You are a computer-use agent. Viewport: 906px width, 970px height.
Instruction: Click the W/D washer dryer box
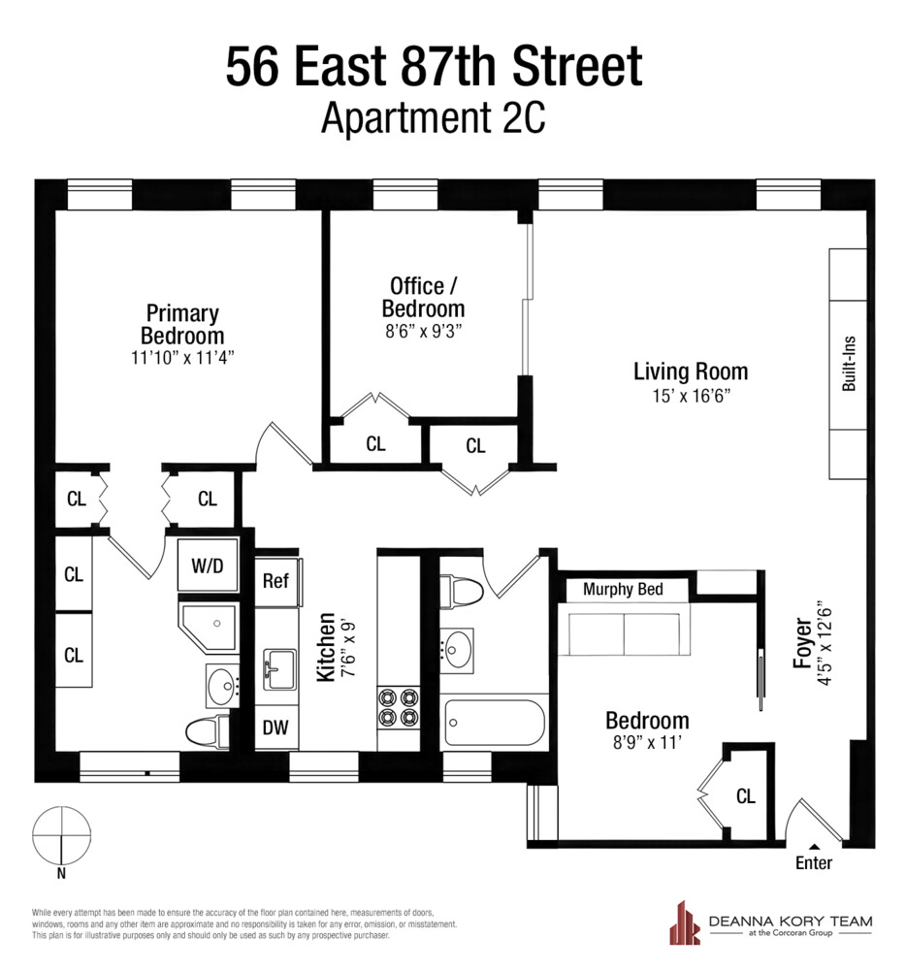click(207, 566)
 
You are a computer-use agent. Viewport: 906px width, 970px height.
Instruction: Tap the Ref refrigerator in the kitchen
click(276, 581)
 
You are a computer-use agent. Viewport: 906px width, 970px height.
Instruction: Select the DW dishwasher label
click(275, 727)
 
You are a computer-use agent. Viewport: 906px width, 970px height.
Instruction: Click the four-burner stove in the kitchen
click(399, 706)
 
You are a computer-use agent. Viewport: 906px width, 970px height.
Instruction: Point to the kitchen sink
click(279, 667)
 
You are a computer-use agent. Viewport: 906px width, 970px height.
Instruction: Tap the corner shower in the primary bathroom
click(209, 626)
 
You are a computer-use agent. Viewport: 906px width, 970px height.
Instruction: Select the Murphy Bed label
click(623, 589)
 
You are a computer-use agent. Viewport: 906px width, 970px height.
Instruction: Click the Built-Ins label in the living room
click(849, 365)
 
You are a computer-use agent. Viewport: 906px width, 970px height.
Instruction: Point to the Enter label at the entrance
click(813, 863)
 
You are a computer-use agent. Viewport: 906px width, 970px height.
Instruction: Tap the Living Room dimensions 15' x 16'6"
click(691, 395)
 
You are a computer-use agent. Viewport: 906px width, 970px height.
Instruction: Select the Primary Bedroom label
click(182, 324)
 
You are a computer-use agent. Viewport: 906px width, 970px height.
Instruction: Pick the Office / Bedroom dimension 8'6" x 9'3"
click(423, 330)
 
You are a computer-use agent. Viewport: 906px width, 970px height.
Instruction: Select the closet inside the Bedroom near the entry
click(744, 796)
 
